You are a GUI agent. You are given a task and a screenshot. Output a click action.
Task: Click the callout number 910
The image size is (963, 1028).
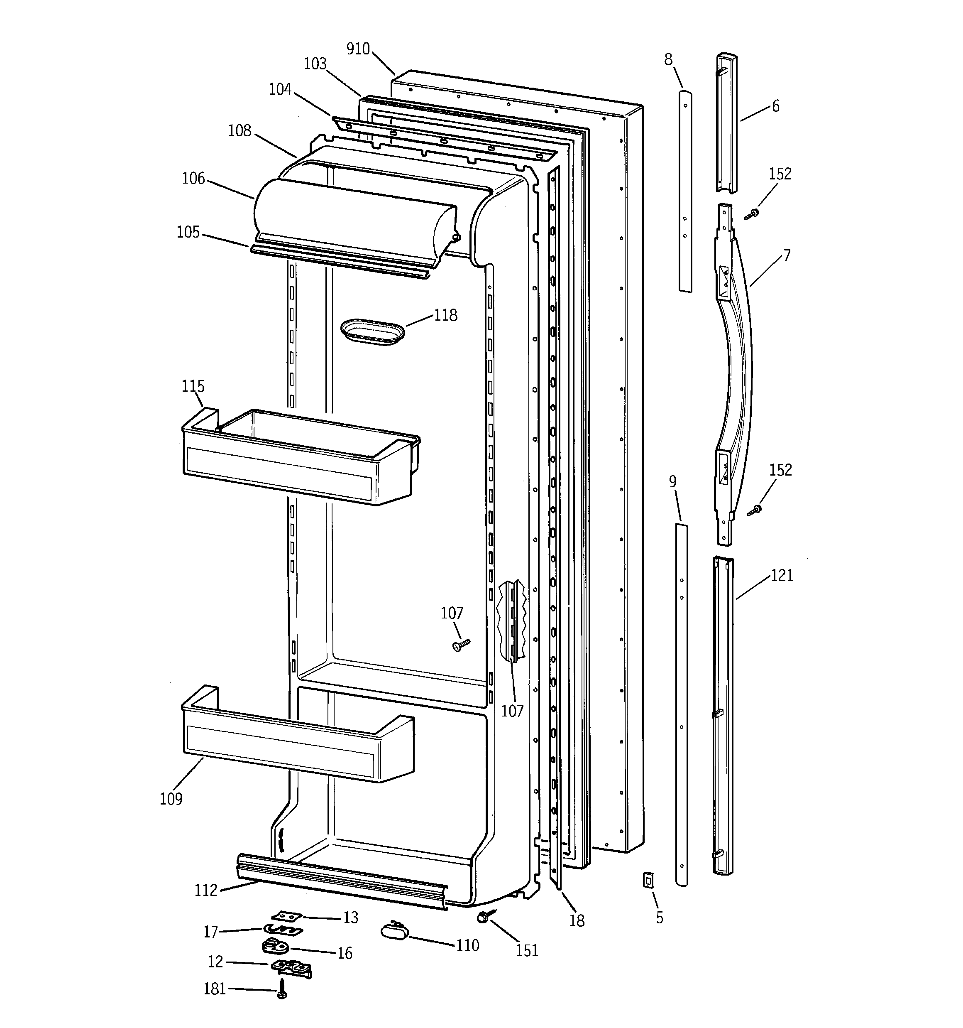[x=358, y=49]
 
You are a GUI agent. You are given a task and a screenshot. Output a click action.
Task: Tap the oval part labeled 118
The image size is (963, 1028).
[x=372, y=331]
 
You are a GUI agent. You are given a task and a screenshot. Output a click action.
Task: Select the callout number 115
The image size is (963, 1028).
[x=193, y=386]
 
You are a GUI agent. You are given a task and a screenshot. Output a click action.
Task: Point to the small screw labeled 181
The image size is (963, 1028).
[x=282, y=988]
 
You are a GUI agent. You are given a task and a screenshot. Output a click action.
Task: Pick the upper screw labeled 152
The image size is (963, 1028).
[x=752, y=213]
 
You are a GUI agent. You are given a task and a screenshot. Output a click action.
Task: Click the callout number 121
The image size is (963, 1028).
[x=782, y=575]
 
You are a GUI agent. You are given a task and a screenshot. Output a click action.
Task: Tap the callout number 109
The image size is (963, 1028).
[x=171, y=798]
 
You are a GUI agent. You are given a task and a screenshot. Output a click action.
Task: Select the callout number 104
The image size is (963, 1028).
[x=280, y=89]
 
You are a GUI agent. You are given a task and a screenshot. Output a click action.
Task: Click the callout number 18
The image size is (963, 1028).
[x=577, y=920]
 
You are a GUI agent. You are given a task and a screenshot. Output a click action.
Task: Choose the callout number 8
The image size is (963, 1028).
[x=668, y=59]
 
